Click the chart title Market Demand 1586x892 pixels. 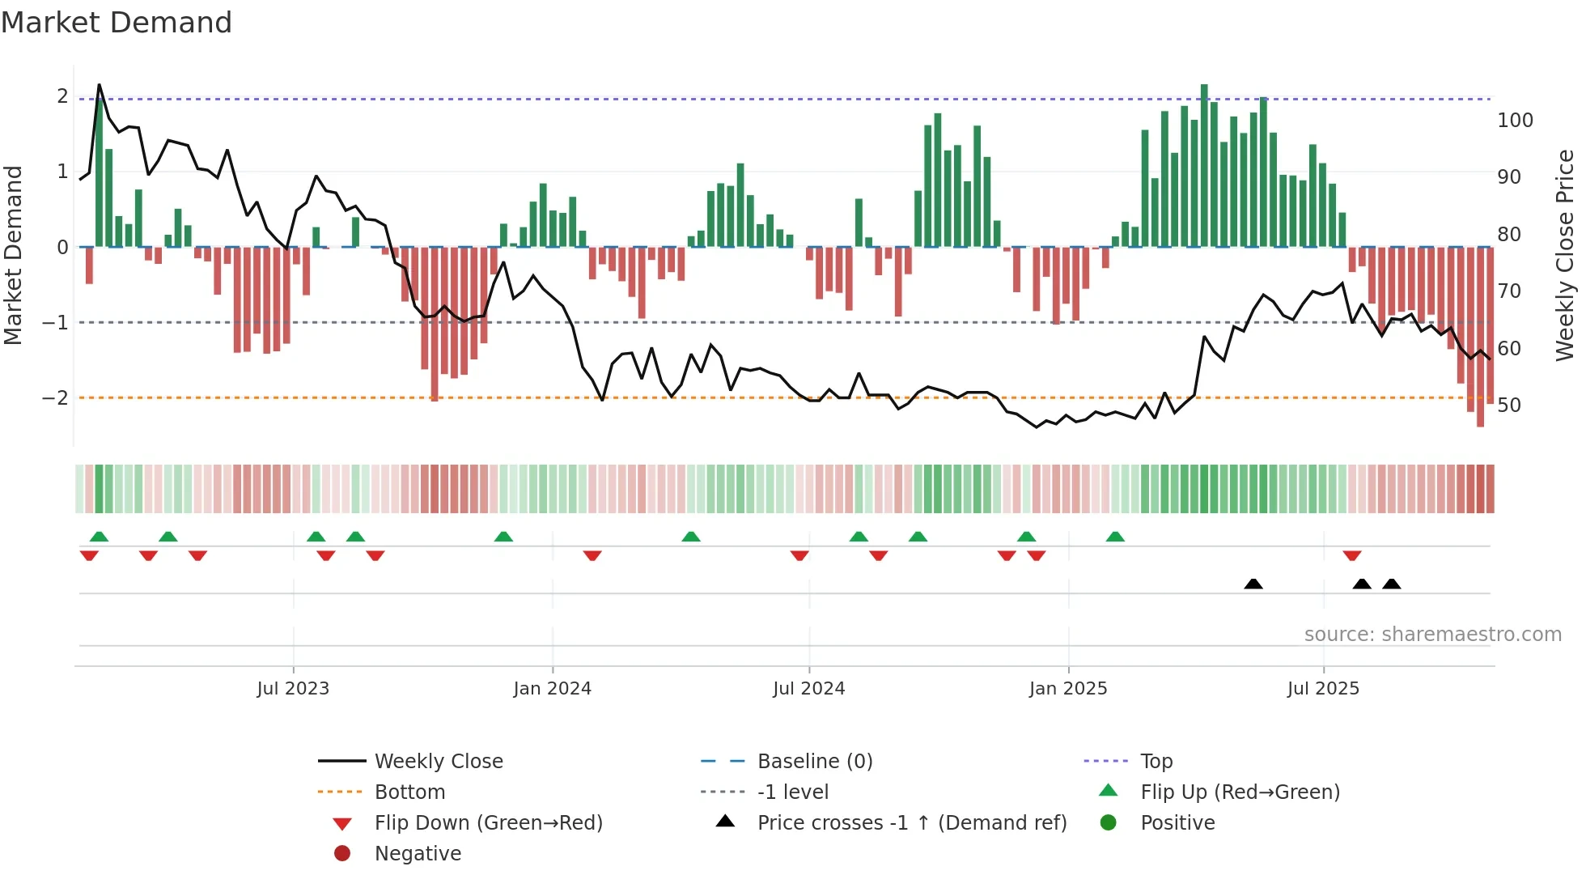[117, 23]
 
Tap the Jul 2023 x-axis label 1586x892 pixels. [293, 689]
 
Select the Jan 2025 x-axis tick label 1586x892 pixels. [1068, 689]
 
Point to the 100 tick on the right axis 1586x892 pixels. [1515, 121]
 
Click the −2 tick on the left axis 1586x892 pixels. [55, 398]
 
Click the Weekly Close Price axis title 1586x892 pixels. [1565, 255]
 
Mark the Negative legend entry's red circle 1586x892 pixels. [342, 854]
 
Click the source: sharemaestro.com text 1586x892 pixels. [1432, 635]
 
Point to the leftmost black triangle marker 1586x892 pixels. [1253, 584]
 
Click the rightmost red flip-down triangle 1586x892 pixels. [1352, 555]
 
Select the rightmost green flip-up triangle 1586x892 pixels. [1115, 537]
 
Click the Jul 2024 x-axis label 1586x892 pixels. [808, 689]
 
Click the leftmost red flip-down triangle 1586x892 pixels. [89, 555]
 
